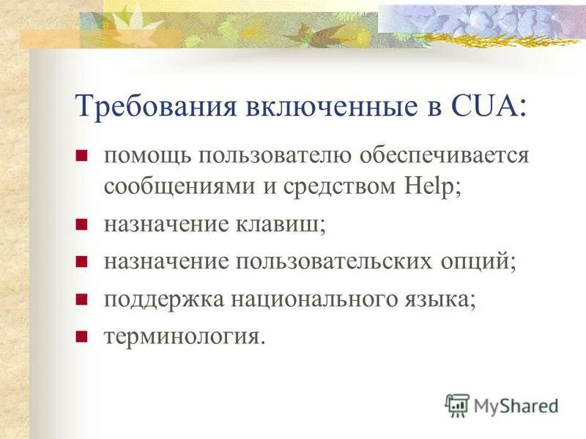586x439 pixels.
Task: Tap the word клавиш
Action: click(286, 223)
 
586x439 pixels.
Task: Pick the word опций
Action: click(475, 261)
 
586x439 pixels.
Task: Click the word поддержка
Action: click(160, 299)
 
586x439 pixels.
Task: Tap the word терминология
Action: click(182, 337)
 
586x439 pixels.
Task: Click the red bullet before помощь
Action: click(82, 155)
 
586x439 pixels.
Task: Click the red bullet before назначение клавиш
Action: click(82, 222)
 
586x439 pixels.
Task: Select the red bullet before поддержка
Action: click(82, 299)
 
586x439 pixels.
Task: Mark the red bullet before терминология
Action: click(82, 337)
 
